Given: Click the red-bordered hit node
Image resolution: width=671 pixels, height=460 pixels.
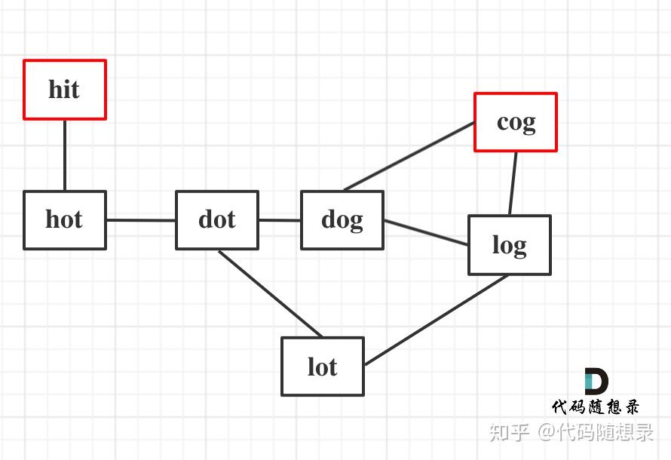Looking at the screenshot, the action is [65, 90].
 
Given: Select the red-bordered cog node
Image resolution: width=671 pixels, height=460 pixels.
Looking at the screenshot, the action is [516, 122].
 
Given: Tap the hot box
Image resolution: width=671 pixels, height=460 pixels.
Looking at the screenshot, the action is [65, 220].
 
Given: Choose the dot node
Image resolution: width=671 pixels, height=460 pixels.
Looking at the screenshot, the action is [217, 220].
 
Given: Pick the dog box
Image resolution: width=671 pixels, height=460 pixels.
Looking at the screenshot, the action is [342, 220].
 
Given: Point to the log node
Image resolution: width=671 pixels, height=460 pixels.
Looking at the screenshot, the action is [510, 245].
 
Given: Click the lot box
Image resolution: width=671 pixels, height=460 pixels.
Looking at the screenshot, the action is [323, 366].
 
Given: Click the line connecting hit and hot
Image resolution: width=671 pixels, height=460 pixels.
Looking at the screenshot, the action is [65, 155].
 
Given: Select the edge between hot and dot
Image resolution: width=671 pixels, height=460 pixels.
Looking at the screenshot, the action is [141, 220].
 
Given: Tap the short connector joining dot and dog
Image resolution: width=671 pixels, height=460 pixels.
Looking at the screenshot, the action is [280, 220].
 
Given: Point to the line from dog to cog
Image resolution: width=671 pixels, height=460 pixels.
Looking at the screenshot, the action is [409, 156].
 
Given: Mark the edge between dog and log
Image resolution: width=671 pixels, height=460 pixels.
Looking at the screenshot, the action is [426, 233].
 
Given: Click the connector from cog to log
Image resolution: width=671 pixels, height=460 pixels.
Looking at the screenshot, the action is [513, 183].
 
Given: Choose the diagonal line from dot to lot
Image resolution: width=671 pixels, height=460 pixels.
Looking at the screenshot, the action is [271, 294].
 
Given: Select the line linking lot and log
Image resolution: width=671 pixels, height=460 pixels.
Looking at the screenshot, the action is [437, 320].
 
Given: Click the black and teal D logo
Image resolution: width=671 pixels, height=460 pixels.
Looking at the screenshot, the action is [596, 381].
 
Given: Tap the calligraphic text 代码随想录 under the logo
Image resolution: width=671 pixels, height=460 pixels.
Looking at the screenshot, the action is [596, 407].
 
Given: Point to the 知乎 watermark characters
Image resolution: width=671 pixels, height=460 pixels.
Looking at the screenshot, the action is [509, 432].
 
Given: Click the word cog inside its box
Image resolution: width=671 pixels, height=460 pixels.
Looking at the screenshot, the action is [516, 123].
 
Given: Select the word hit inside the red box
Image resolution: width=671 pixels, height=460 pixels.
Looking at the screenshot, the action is [64, 90].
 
